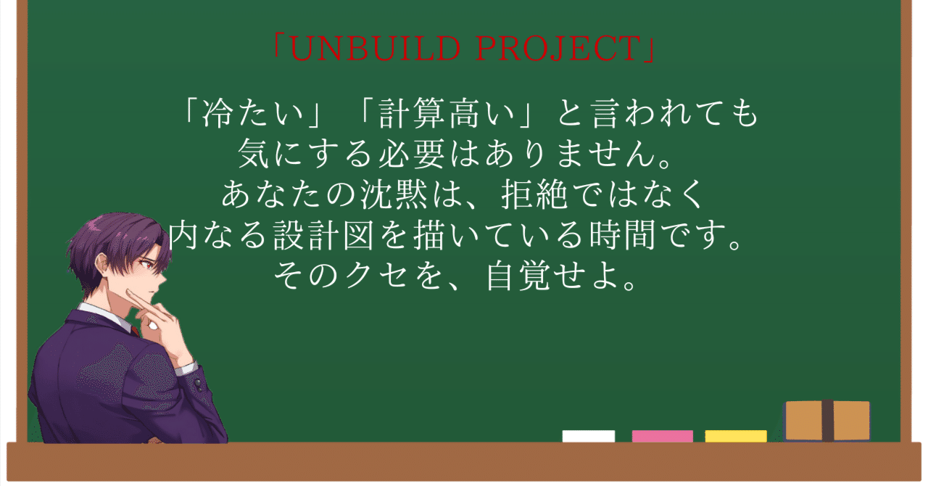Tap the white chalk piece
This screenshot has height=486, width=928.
pos(588,436)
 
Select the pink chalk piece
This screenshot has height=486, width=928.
pos(662,436)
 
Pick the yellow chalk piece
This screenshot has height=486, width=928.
pos(735,436)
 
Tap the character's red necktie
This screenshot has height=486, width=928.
pos(135,331)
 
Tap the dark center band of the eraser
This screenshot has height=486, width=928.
pos(827,421)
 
